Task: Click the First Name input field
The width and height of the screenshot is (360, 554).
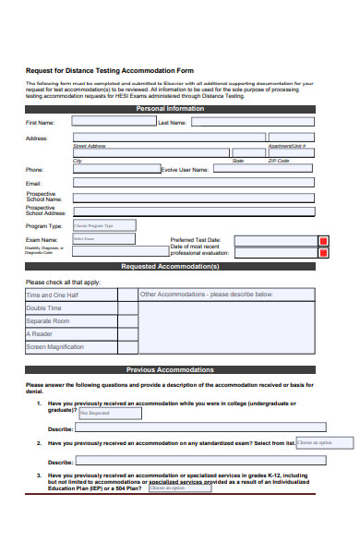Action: pyautogui.click(x=113, y=120)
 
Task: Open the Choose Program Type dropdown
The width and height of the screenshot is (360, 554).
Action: pyautogui.click(x=103, y=224)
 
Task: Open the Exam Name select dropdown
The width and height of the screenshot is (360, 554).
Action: pyautogui.click(x=103, y=238)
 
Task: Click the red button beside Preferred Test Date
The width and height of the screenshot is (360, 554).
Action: pyautogui.click(x=323, y=241)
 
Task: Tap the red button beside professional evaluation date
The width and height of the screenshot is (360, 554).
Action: pyautogui.click(x=323, y=252)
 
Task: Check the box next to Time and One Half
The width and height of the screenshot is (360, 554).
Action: pyautogui.click(x=127, y=295)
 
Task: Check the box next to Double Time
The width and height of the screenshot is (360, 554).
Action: pyautogui.click(x=127, y=307)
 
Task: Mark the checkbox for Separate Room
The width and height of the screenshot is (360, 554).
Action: pyautogui.click(x=127, y=320)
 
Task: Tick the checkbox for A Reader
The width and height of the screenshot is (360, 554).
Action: pyautogui.click(x=127, y=333)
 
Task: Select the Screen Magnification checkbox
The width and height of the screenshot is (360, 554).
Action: pyautogui.click(x=127, y=347)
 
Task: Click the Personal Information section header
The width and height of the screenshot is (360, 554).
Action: pyautogui.click(x=170, y=108)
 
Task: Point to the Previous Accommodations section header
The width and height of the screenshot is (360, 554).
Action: pyautogui.click(x=170, y=369)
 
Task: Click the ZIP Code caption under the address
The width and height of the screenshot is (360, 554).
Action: pyautogui.click(x=279, y=160)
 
